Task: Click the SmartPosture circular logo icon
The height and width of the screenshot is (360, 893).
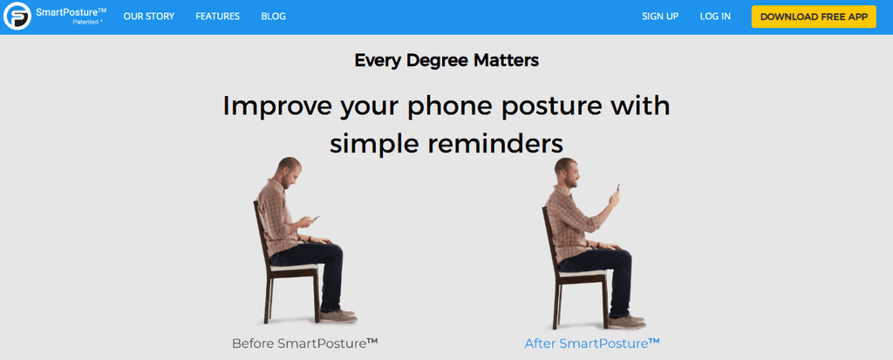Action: (17, 17)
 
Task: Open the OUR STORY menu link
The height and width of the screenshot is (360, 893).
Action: (149, 17)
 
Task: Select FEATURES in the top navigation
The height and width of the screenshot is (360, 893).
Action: (217, 17)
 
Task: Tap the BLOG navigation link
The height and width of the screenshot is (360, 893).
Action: (273, 17)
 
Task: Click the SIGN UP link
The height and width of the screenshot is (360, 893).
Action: (659, 17)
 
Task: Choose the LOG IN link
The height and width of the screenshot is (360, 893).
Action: (715, 17)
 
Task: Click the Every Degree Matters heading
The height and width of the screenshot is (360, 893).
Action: (446, 61)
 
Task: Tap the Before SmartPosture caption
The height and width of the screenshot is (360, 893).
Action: (304, 343)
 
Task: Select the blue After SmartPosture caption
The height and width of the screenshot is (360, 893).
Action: (591, 343)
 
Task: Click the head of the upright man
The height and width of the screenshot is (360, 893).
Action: (568, 172)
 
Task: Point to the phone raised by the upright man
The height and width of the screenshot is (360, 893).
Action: (617, 188)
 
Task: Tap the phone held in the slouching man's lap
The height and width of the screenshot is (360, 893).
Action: (315, 218)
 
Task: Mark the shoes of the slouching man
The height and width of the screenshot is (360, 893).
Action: (337, 316)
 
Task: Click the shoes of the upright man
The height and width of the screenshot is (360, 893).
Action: (626, 319)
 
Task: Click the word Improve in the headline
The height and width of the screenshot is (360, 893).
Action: (278, 105)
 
